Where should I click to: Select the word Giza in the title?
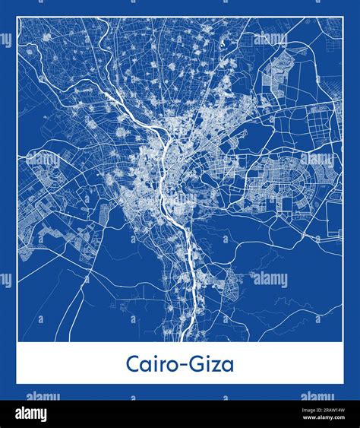(x=213, y=364)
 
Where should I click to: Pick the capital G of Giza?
(x=197, y=364)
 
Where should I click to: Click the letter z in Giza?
(x=217, y=366)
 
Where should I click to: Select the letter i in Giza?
(x=208, y=364)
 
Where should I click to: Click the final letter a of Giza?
(x=228, y=366)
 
